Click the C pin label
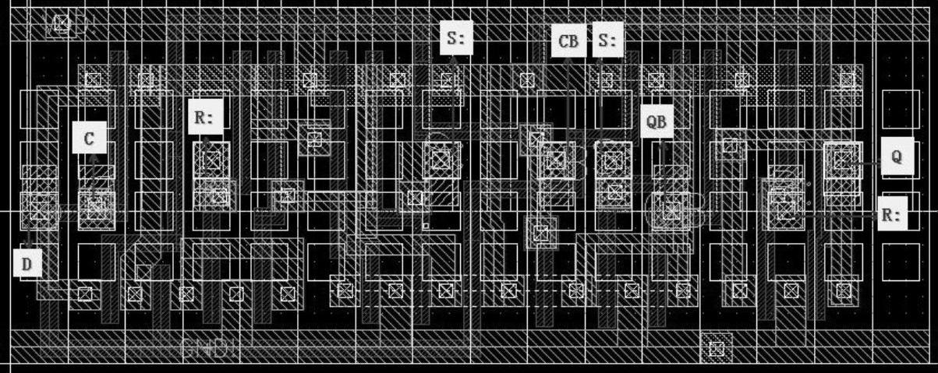point(89,139)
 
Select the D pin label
point(27,264)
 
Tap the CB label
point(569,41)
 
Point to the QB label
point(657,121)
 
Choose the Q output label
point(896,156)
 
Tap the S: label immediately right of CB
point(608,41)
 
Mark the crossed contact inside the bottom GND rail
point(716,347)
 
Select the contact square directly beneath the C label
point(96,207)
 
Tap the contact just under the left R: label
point(211,160)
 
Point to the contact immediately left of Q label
point(842,160)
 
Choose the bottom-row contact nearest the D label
point(84,294)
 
